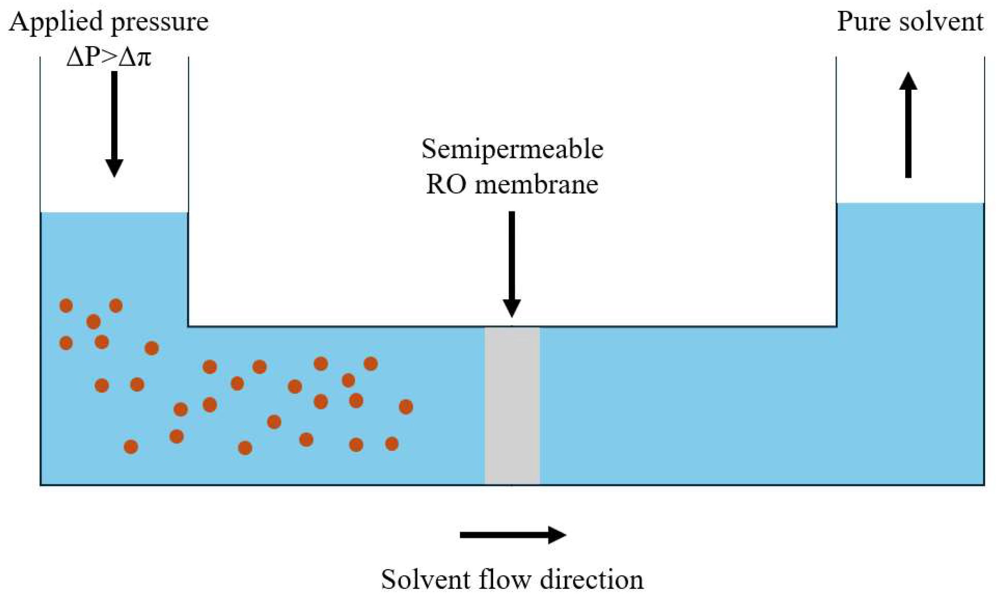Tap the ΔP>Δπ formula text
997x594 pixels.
pyautogui.click(x=108, y=57)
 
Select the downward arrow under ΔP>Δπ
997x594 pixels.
pyautogui.click(x=114, y=124)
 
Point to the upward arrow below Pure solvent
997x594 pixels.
pyautogui.click(x=908, y=125)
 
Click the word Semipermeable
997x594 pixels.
pyautogui.click(x=512, y=150)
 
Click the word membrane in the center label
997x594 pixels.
pyautogui.click(x=536, y=185)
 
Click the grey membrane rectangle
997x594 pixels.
pyautogui.click(x=512, y=405)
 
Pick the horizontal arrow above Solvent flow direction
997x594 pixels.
pyautogui.click(x=513, y=535)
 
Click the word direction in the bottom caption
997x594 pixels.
pyautogui.click(x=591, y=579)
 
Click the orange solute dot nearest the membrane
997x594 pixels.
pyautogui.click(x=406, y=407)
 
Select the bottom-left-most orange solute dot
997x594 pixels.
pyautogui.click(x=131, y=446)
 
